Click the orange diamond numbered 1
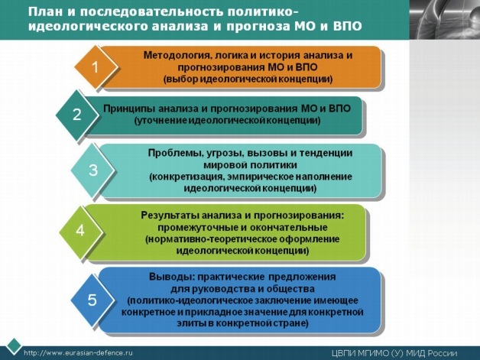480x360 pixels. pyautogui.click(x=96, y=67)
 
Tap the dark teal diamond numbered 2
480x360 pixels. pyautogui.click(x=77, y=115)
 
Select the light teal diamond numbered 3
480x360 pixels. pyautogui.click(x=92, y=170)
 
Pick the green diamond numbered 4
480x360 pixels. pyautogui.click(x=81, y=231)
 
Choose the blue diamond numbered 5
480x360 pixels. pyautogui.click(x=92, y=300)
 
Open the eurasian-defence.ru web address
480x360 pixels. pyautogui.click(x=78, y=352)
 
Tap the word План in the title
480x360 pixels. pyautogui.click(x=43, y=12)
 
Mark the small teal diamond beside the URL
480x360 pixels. pyautogui.click(x=14, y=346)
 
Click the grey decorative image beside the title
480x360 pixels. pyautogui.click(x=445, y=20)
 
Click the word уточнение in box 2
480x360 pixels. pyautogui.click(x=161, y=121)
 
